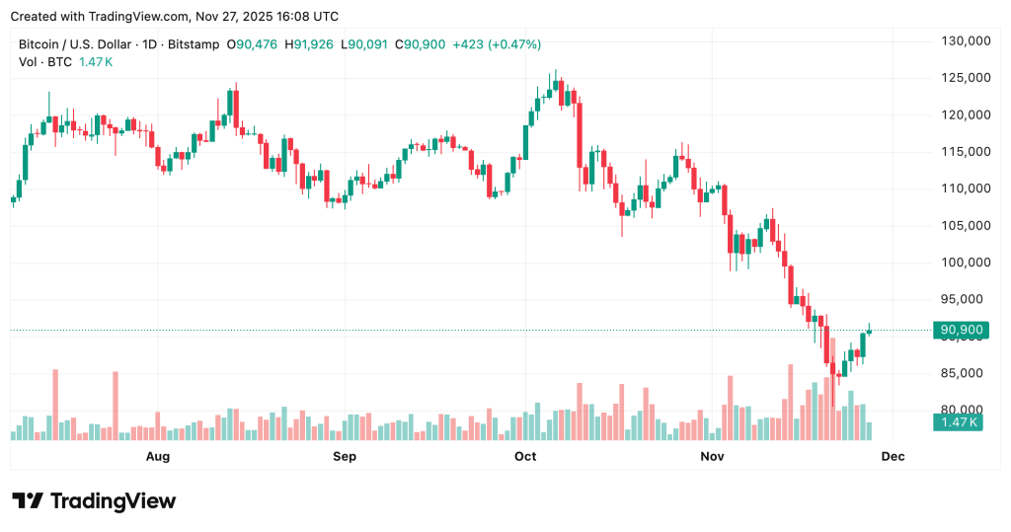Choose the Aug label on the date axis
158,456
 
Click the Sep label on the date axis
344,456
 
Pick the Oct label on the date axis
525,456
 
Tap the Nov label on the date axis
712,456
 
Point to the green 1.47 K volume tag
957,422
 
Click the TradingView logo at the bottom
94,501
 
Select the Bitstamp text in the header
193,44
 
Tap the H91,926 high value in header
309,44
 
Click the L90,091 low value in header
365,44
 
